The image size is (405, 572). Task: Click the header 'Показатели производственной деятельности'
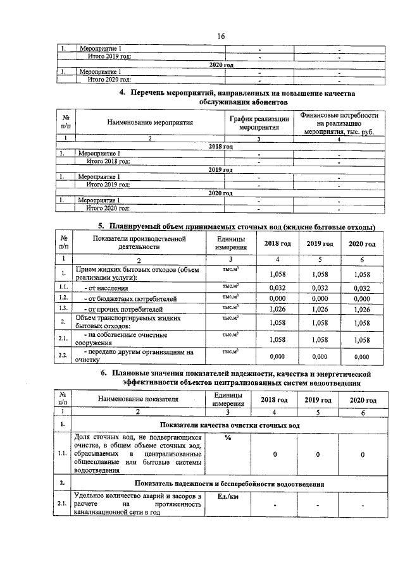pyautogui.click(x=138, y=243)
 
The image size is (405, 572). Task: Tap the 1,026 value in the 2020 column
pyautogui.click(x=361, y=309)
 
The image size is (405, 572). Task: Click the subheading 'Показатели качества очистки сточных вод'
pyautogui.click(x=229, y=426)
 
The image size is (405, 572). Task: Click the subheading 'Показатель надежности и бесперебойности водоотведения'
pyautogui.click(x=229, y=484)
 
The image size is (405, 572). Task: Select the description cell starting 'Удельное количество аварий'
pyautogui.click(x=138, y=504)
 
